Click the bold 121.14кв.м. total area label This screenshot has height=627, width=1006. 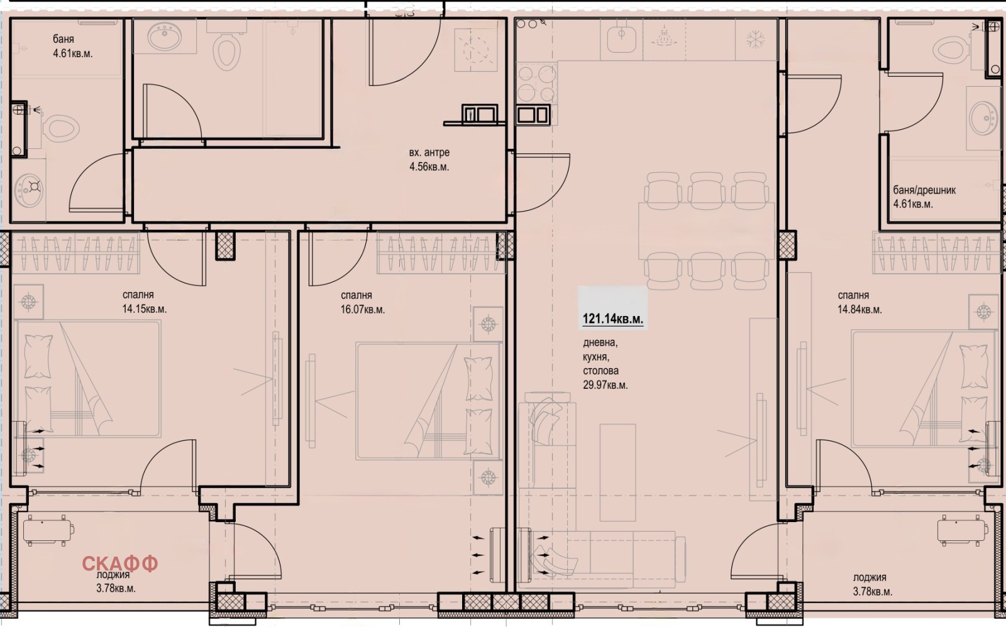[x=612, y=319]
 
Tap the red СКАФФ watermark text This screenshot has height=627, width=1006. [x=120, y=564]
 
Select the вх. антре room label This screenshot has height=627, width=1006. [x=429, y=153]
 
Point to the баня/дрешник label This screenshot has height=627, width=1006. [x=924, y=190]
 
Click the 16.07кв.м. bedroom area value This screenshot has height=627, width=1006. [x=362, y=310]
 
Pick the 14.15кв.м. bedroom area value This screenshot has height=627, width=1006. [x=144, y=308]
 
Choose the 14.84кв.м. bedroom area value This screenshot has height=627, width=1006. [x=860, y=310]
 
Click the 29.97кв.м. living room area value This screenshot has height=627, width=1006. [x=605, y=385]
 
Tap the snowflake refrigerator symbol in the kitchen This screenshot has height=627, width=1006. [x=756, y=40]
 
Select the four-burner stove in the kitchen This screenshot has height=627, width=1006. [x=536, y=84]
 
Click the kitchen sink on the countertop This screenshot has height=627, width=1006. [x=622, y=39]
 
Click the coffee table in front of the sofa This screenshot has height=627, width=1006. [x=617, y=472]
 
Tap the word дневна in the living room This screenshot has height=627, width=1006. [x=600, y=343]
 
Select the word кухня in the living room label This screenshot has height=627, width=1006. [x=596, y=357]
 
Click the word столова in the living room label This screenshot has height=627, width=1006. [x=601, y=371]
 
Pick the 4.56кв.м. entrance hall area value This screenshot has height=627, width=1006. [x=429, y=167]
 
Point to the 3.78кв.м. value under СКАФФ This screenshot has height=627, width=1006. [x=116, y=588]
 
